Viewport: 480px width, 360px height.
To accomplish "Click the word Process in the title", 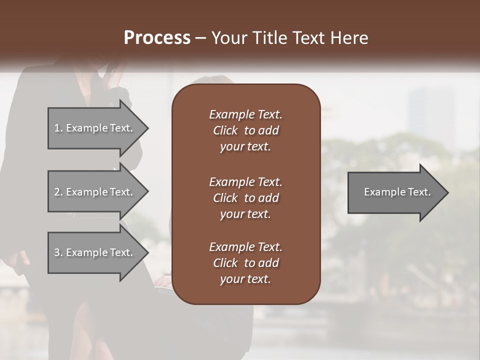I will coord(157,38).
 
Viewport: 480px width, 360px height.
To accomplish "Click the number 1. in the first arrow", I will coord(58,128).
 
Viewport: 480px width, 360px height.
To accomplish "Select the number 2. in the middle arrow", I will coord(58,192).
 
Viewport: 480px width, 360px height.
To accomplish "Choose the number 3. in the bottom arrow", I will coord(58,252).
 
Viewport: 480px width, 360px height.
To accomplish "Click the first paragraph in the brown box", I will coord(245,130).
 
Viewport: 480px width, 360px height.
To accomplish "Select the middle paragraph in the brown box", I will coord(245,198).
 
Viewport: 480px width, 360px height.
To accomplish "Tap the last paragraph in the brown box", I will coord(245,263).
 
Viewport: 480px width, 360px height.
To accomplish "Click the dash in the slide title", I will coord(201,38).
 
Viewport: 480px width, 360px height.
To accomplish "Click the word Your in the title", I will coord(228,38).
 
